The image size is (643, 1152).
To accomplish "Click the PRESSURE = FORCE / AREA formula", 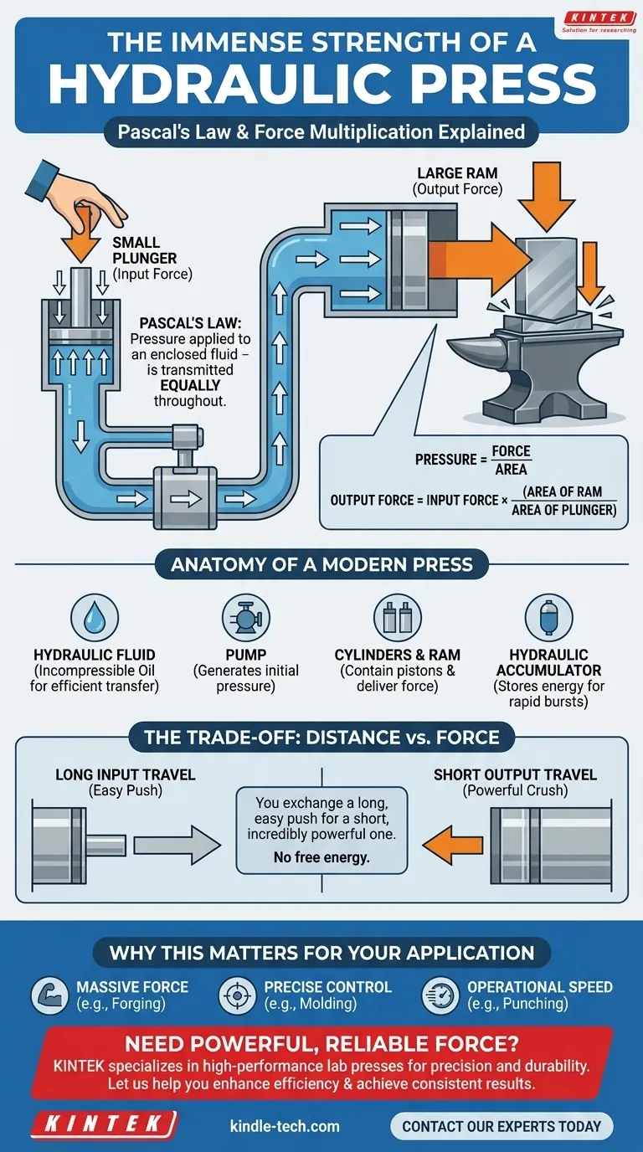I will [x=474, y=460].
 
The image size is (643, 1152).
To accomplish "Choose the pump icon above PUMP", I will [x=245, y=617].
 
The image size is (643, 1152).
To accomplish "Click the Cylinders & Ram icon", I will [x=397, y=617].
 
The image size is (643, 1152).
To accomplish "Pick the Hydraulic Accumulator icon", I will [x=548, y=617].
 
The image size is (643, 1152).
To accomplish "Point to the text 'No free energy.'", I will [x=321, y=857].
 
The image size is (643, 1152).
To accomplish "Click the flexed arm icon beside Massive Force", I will [x=49, y=995].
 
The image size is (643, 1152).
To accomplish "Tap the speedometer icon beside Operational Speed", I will [x=440, y=995].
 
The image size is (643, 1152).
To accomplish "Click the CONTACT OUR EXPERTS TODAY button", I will [x=502, y=1126].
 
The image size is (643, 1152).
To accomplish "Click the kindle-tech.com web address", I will [x=285, y=1126].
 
